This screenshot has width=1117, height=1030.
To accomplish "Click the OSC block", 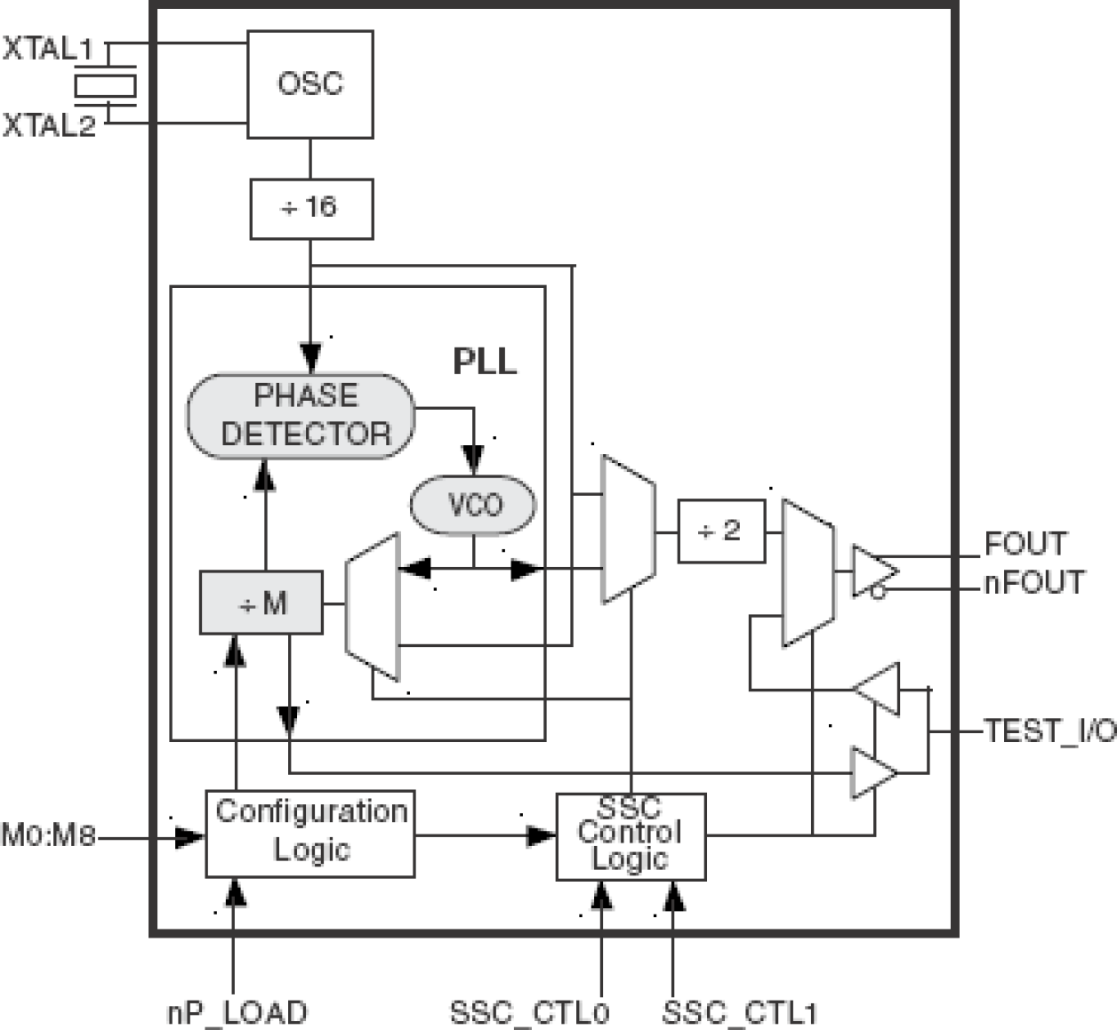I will pyautogui.click(x=309, y=84).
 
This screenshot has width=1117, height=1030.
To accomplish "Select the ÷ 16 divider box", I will pyautogui.click(x=311, y=209).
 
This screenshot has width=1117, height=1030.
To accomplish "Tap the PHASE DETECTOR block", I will pyautogui.click(x=301, y=416).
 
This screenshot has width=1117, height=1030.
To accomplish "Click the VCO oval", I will pyautogui.click(x=473, y=505).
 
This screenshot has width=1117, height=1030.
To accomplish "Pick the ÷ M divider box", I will pyautogui.click(x=261, y=603).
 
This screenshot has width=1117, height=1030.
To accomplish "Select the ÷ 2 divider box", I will pyautogui.click(x=721, y=531).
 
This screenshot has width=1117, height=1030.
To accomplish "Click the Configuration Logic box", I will pyautogui.click(x=310, y=833).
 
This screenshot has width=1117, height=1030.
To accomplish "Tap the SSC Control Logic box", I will pyautogui.click(x=631, y=835).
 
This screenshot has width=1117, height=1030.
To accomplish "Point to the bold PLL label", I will pyautogui.click(x=485, y=362).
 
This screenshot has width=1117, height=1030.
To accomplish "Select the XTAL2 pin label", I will pyautogui.click(x=49, y=126).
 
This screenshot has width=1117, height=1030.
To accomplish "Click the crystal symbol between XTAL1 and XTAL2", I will pyautogui.click(x=106, y=86).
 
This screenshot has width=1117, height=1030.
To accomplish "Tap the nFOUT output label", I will pyautogui.click(x=1033, y=584).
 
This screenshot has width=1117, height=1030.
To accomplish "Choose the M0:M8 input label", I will pyautogui.click(x=48, y=836).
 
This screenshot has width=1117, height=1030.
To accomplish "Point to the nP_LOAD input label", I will pyautogui.click(x=237, y=1012).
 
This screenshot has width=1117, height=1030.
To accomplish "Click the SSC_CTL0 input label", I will pyautogui.click(x=530, y=1012).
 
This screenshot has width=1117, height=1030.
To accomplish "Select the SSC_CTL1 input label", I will pyautogui.click(x=740, y=1012).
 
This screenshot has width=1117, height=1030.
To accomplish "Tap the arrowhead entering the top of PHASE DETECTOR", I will pyautogui.click(x=310, y=357).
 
